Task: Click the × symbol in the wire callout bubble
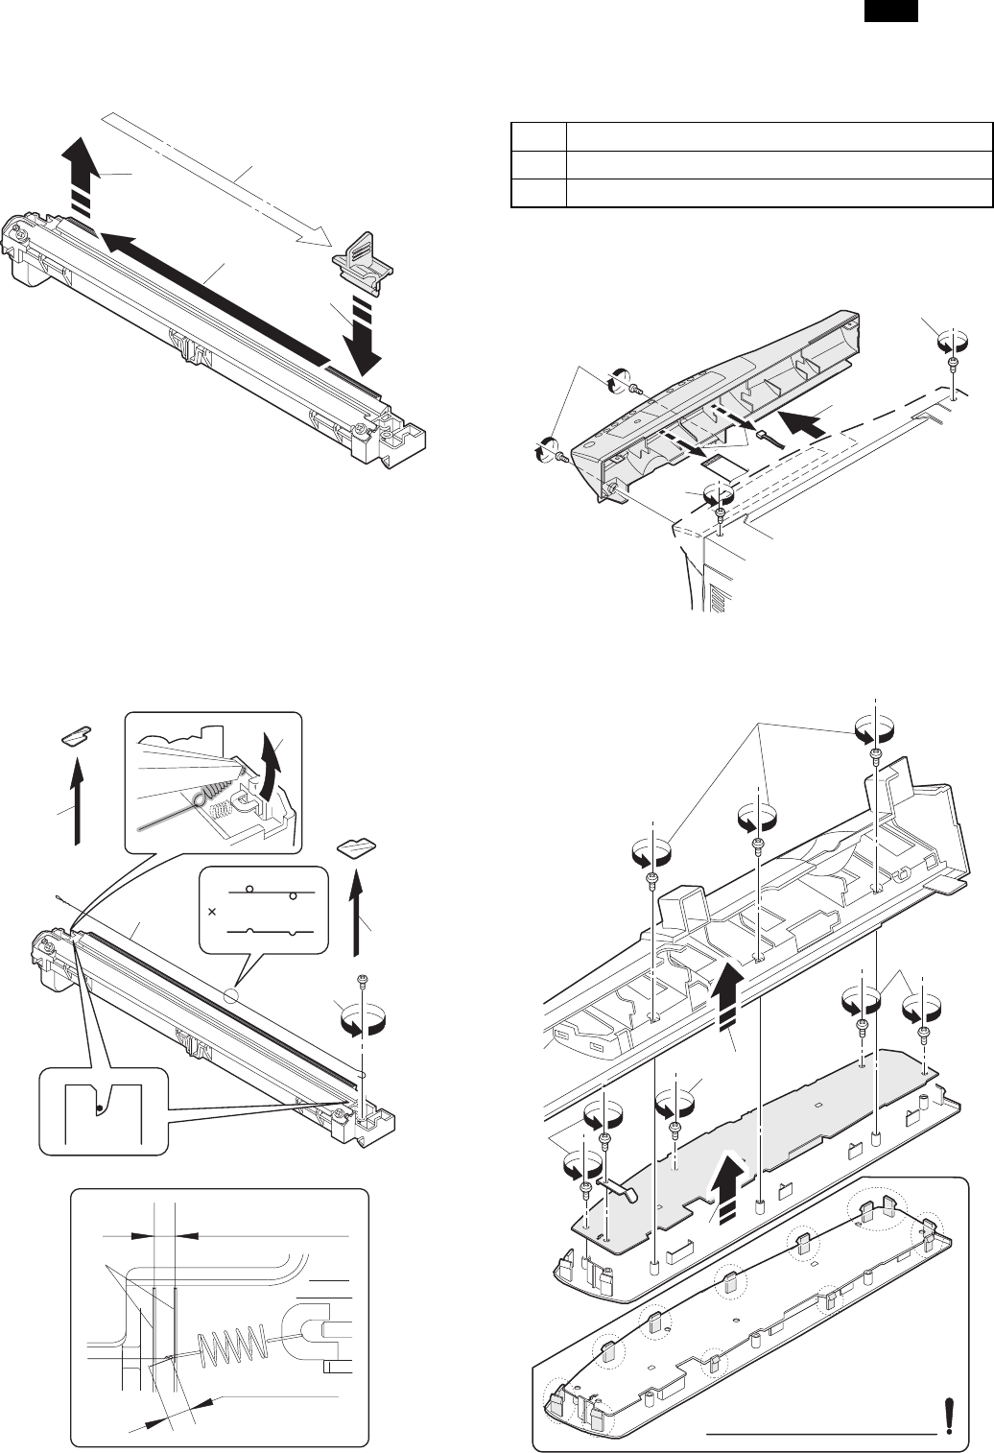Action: point(211,908)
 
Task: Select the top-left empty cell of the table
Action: point(537,135)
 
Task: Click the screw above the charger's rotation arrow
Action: point(363,980)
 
